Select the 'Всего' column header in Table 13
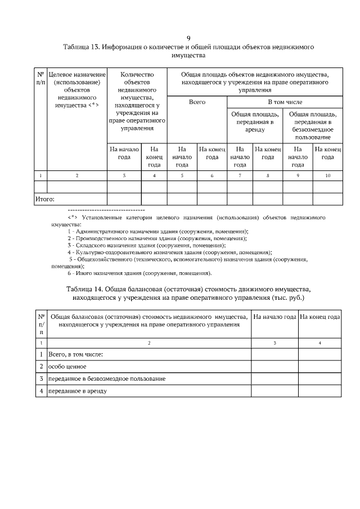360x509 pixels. coord(196,102)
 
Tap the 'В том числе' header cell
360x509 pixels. coord(284,102)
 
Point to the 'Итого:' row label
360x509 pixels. coord(45,199)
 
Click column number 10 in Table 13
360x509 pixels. coord(328,176)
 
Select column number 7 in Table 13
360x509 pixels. coord(240,176)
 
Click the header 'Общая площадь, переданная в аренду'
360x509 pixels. coord(255,122)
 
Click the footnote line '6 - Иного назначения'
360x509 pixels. coord(139,273)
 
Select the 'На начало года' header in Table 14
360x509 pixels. coord(274,317)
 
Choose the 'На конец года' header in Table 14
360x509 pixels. coord(320,317)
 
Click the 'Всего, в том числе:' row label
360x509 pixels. coord(75,354)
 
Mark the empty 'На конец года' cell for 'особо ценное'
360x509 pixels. coord(320,367)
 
